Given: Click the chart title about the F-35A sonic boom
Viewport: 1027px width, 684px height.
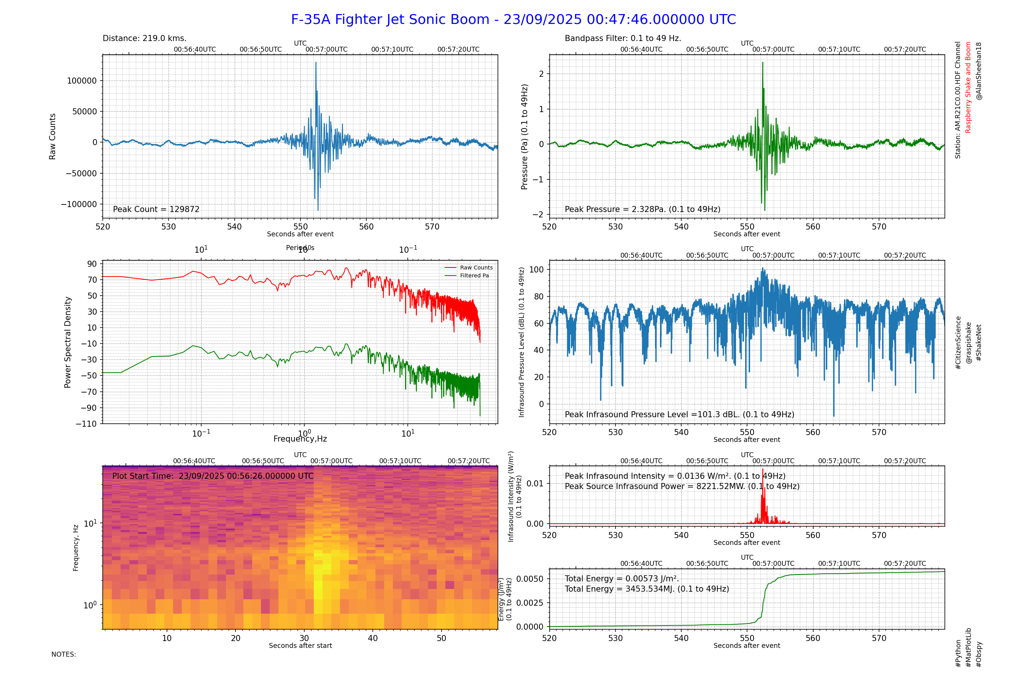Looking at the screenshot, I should (513, 20).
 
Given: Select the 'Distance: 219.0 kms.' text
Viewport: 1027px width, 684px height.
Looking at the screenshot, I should (145, 38).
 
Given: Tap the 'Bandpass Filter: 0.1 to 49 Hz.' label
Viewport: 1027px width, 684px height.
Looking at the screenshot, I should (623, 38).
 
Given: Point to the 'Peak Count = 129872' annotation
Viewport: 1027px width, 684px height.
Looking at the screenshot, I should (156, 209).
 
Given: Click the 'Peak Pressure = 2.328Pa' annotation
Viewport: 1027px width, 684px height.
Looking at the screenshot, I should (642, 209).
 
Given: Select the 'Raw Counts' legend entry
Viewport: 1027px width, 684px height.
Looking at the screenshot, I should (476, 268).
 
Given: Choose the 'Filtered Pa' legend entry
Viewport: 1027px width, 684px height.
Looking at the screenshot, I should (474, 276).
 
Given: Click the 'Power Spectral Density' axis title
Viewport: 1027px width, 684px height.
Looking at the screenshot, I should (68, 342).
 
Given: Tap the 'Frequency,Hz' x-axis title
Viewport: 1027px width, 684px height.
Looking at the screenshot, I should (300, 439).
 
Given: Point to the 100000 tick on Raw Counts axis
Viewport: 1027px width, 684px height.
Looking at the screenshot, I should (82, 81).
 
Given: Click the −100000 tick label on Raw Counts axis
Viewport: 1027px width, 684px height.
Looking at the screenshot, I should (79, 204).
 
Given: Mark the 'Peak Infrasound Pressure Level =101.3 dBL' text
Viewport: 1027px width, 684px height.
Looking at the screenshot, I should (679, 415).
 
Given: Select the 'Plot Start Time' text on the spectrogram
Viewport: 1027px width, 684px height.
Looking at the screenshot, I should (213, 476).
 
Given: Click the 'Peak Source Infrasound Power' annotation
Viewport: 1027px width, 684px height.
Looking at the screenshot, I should (682, 486).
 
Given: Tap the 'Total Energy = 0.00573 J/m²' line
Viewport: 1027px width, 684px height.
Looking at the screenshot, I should (622, 579).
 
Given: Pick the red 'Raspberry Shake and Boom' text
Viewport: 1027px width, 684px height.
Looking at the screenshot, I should (968, 87).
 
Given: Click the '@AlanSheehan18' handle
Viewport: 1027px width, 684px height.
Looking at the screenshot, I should (979, 71).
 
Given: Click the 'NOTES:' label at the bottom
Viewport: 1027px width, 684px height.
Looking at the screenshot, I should (64, 654).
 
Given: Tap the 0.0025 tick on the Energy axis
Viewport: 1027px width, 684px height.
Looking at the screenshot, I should (529, 603).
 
